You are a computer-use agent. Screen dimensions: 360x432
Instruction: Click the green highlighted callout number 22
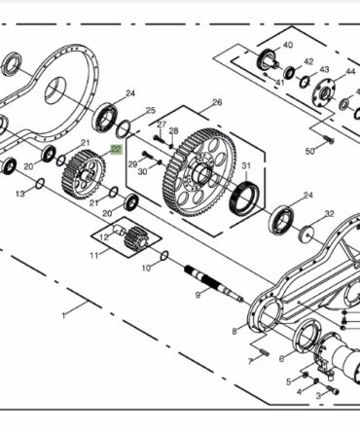pos(117,150)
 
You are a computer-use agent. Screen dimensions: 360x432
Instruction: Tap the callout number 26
pos(217,102)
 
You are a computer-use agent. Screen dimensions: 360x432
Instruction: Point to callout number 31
pos(246,165)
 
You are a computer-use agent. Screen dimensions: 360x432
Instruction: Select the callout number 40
pos(288,45)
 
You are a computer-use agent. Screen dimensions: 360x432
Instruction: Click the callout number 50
pos(310,151)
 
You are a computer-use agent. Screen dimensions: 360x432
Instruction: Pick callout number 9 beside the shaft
pos(198,295)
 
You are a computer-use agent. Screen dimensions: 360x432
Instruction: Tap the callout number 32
pos(329,214)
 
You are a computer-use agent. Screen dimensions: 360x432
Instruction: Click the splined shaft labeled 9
pos(213,282)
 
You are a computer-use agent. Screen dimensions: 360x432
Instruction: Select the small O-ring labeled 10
pos(164,256)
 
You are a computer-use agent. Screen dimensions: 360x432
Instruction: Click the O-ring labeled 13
pos(40,184)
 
